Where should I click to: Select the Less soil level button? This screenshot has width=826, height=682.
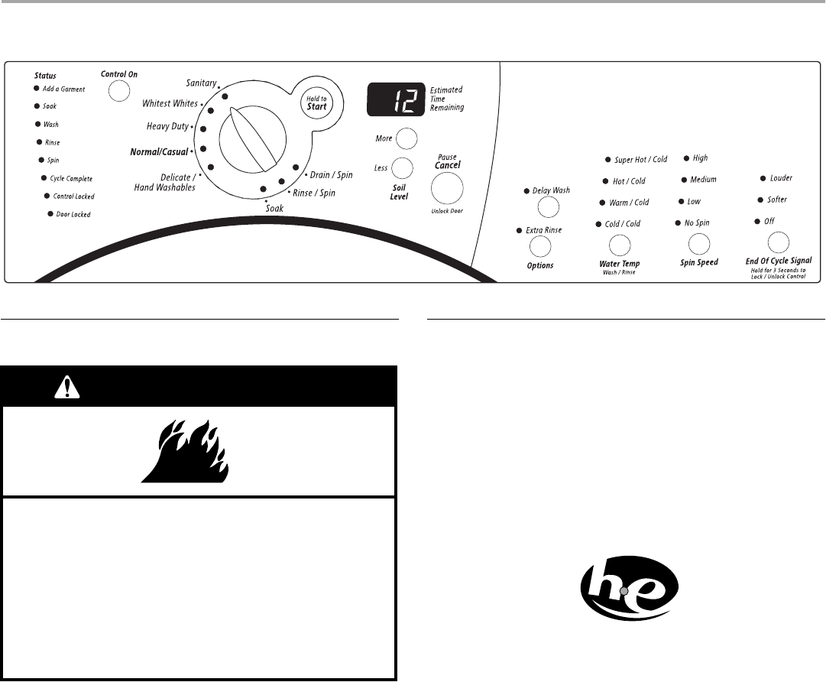(402, 167)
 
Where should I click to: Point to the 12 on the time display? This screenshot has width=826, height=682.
(395, 100)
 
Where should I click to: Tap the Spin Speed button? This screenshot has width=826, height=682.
(698, 244)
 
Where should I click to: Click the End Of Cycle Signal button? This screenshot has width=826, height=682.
(778, 242)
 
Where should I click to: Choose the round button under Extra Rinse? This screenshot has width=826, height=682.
(540, 246)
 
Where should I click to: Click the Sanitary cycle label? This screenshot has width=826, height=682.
(202, 83)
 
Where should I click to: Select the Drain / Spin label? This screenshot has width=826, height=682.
(331, 175)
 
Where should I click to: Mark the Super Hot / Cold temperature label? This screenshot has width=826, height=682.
(640, 160)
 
